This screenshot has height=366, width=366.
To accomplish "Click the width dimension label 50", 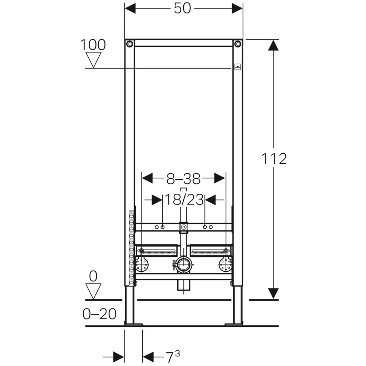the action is point(182,9).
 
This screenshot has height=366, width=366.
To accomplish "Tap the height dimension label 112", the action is point(274,159).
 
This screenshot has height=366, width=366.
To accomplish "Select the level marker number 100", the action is point(93,45).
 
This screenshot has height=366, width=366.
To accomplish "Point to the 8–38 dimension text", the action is point(183,179).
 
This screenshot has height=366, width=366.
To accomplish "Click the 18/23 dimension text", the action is point(184,200).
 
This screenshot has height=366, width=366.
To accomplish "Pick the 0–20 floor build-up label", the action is point(99,314).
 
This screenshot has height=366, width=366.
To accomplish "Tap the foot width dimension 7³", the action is point(173,356).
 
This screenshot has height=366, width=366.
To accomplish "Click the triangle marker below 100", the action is point(93,60).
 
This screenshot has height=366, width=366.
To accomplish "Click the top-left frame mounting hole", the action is point(129,44).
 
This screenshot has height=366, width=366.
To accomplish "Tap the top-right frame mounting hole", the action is point(238,44).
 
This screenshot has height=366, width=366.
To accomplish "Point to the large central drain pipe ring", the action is point(184,265).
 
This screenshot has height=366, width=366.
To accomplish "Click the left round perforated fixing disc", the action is point(142,265).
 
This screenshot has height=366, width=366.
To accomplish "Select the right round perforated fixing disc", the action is point(225,265).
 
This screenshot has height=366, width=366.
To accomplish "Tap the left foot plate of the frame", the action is point(133,324).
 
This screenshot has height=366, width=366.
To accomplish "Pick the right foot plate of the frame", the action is point(234,324).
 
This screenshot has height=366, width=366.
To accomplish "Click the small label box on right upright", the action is point(238,67).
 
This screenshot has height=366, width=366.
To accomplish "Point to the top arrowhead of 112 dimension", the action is point(273,45).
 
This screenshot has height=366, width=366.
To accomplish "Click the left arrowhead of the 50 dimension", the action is point(130,9).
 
